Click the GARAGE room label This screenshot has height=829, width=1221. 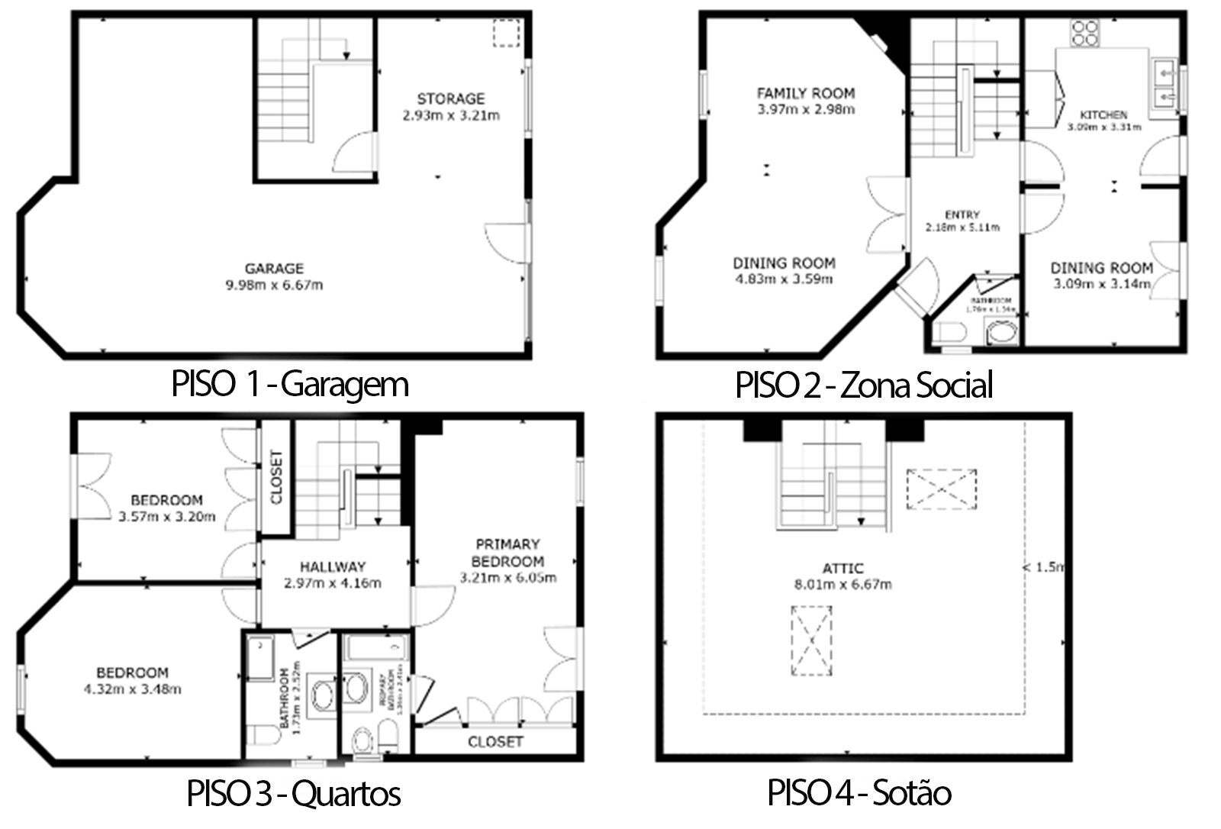click(274, 269)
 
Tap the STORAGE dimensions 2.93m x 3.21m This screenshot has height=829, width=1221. click(450, 116)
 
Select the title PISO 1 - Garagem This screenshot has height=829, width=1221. click(290, 384)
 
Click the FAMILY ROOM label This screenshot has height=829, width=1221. click(805, 93)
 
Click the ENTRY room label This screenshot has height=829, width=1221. click(962, 215)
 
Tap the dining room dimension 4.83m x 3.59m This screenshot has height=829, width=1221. click(784, 279)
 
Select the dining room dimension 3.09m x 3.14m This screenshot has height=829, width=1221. click(1101, 284)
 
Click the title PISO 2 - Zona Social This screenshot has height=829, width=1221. click(864, 385)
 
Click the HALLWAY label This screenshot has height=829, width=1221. click(332, 566)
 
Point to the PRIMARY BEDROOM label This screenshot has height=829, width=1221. click(507, 553)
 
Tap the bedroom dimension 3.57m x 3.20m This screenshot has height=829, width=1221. click(167, 517)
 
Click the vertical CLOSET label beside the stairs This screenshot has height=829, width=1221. click(276, 477)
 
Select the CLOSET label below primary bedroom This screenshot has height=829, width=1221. click(495, 741)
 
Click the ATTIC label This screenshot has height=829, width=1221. click(842, 568)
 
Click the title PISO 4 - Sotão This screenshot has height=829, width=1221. click(859, 793)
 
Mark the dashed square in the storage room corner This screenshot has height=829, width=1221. click(505, 34)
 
